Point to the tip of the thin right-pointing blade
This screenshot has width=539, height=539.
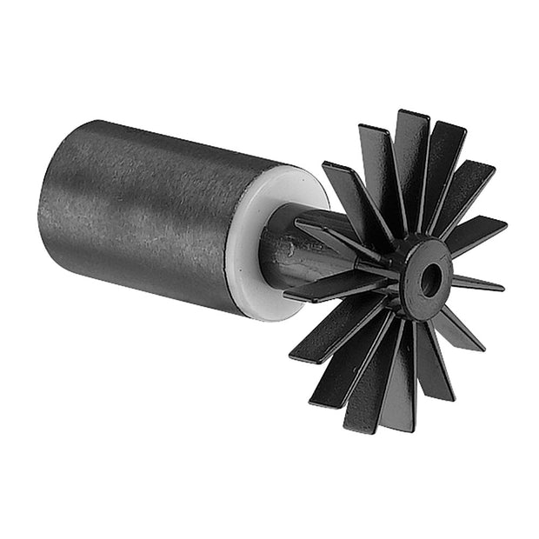(x=502, y=285)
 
